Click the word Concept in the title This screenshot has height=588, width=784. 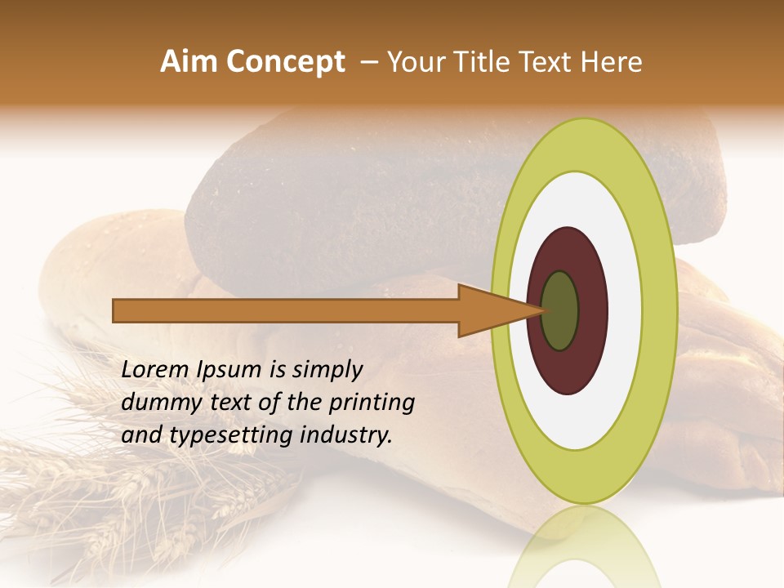(286, 62)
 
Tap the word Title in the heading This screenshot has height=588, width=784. (483, 62)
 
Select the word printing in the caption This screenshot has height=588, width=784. (371, 403)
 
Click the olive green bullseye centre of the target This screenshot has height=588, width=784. (560, 311)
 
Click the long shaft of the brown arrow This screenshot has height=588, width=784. (286, 311)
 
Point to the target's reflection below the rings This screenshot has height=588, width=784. (585, 547)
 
